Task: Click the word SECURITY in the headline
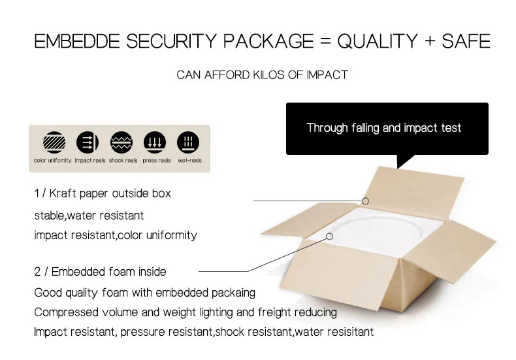(x=171, y=41)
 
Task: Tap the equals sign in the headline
(x=325, y=41)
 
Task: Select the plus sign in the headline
(x=430, y=41)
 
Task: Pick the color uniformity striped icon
(x=54, y=142)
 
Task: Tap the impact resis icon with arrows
(x=88, y=142)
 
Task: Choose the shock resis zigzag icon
(x=121, y=142)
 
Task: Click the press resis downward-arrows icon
(x=155, y=142)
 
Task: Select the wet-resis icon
(x=188, y=142)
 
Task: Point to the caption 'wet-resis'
(x=189, y=161)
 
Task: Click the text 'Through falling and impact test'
(x=383, y=127)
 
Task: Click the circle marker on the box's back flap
(x=365, y=201)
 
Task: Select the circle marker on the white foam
(x=329, y=237)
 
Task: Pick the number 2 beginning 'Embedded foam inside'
(x=37, y=272)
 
